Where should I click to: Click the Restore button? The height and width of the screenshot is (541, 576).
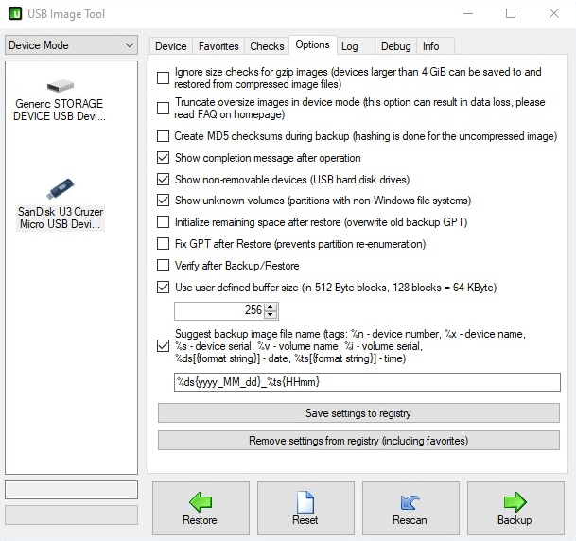coord(200,509)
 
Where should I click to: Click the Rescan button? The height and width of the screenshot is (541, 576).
coord(410,509)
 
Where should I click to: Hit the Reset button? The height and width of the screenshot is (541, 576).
coord(305,509)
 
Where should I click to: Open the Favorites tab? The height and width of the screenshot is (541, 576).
coord(218,45)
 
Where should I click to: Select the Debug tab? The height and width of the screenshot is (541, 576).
coord(395,45)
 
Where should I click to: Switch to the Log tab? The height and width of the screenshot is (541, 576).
coord(350,45)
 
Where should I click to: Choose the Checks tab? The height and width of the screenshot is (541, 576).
coord(267,45)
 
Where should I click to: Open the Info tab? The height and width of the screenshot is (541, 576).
coord(430,45)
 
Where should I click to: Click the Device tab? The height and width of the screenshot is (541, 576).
coord(171,45)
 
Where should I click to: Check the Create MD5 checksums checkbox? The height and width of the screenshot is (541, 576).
coord(164,136)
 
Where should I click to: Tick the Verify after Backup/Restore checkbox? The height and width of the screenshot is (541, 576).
coord(164,266)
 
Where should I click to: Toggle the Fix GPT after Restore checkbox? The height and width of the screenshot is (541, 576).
coord(164,244)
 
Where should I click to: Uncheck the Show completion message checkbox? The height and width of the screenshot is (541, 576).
coord(164,158)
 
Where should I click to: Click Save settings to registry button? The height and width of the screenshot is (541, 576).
coord(358,413)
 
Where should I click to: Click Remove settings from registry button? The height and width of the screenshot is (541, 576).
coord(358,441)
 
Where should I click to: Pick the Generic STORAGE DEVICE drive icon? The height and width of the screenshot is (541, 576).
coord(59,86)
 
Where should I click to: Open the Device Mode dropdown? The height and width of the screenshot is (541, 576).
coord(71,45)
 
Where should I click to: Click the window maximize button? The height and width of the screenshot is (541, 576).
coord(511,13)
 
